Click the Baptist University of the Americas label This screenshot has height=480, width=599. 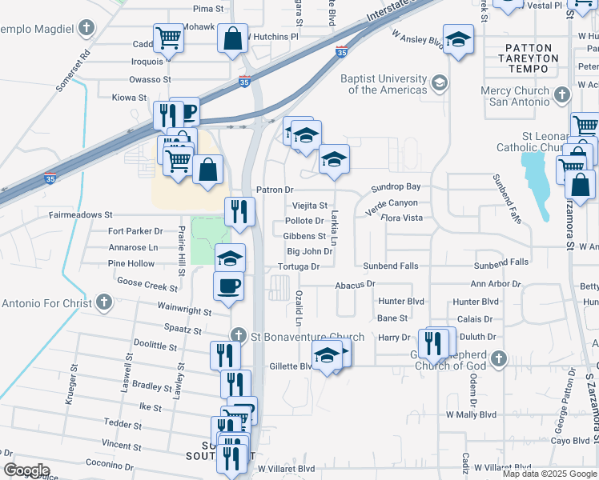[384, 84]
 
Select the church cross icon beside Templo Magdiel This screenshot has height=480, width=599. [86, 28]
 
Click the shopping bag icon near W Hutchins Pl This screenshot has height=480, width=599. [232, 38]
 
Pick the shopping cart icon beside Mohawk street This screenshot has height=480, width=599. [168, 36]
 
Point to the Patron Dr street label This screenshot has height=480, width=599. [275, 190]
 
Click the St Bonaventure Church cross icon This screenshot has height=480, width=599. [237, 335]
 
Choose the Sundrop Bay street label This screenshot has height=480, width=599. [396, 187]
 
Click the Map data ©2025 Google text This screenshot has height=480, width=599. [549, 474]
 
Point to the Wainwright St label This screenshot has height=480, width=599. [185, 313]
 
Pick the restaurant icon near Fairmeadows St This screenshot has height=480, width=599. [239, 211]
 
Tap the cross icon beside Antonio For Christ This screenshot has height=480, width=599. [103, 303]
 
